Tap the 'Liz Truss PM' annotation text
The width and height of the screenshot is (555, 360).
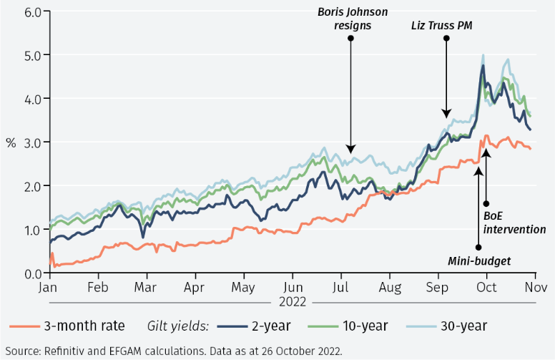tap(446, 25)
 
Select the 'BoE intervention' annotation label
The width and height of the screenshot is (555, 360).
tap(514, 222)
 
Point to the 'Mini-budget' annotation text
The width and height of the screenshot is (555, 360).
tap(479, 261)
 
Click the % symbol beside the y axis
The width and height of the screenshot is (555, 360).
tap(11, 142)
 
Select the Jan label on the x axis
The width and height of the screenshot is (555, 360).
tap(49, 288)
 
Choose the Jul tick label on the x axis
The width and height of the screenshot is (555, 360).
tap(341, 288)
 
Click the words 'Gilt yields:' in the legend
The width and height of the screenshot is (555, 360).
tap(178, 326)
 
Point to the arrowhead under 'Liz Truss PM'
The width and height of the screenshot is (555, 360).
tap(446, 114)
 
